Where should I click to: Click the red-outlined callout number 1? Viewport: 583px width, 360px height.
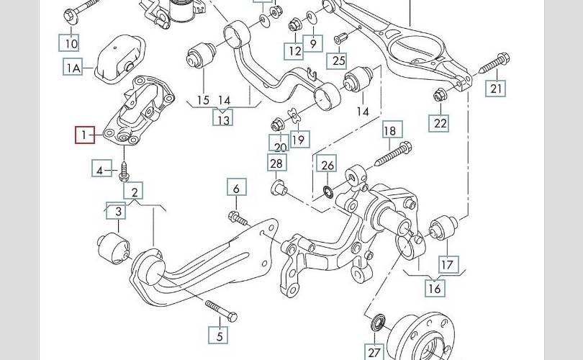pos(85,135)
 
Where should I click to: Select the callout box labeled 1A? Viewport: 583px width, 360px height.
pos(73,68)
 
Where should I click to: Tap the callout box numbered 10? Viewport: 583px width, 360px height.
pos(71,44)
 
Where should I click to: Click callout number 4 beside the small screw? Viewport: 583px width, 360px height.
pos(101,170)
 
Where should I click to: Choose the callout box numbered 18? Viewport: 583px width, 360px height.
pos(389,131)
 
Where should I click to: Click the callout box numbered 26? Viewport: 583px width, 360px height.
pos(327,166)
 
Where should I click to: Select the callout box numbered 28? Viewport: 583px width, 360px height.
pos(276,163)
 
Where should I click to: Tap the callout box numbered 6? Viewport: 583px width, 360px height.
pos(235,189)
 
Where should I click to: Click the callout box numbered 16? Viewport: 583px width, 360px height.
pos(435,289)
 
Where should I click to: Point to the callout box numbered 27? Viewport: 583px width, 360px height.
pos(374,351)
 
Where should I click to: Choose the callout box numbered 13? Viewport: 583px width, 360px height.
pos(223,119)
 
